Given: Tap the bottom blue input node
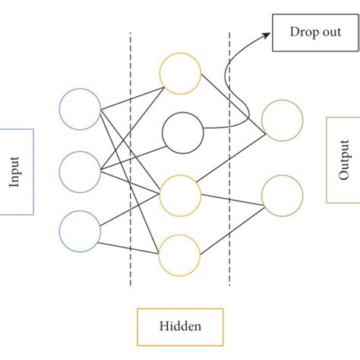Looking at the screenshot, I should pos(80,231).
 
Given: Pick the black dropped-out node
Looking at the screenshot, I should pos(182,132).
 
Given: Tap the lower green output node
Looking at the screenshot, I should pos(282,195).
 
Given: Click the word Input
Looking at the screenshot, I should pos(15,171).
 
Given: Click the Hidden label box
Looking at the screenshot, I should pos(180,327).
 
